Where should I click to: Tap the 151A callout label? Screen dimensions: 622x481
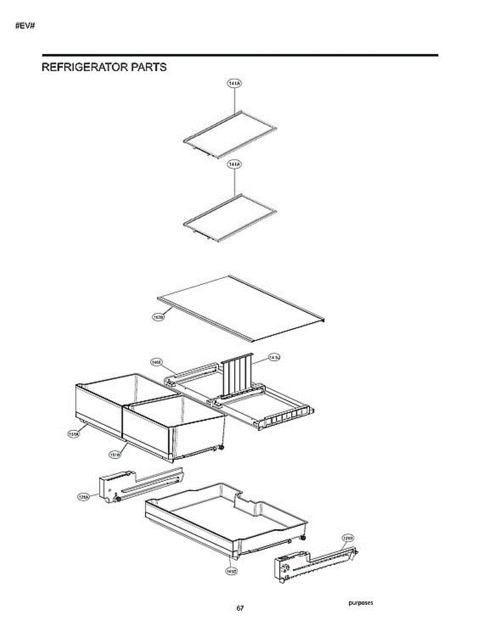(x=74, y=434)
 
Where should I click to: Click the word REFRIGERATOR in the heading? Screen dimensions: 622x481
(x=81, y=67)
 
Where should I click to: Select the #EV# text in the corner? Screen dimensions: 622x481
(x=24, y=26)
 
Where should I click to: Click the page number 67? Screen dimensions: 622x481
(x=240, y=607)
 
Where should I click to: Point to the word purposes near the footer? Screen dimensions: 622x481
(x=361, y=602)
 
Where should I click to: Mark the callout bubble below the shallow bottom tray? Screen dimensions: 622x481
(x=231, y=571)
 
